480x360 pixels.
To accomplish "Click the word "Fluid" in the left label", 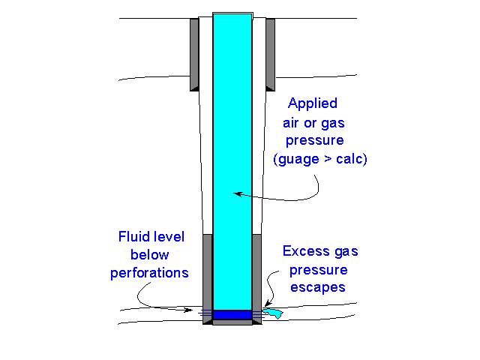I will (x=133, y=238).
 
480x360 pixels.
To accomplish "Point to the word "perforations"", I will (x=149, y=273).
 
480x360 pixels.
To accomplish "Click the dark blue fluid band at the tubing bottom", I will (x=232, y=315).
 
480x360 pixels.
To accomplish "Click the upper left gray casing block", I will (x=193, y=52).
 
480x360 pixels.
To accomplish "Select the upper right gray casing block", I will (x=270, y=52).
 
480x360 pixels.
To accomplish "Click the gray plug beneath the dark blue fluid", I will (x=232, y=322).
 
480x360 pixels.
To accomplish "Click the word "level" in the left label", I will (x=169, y=238).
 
